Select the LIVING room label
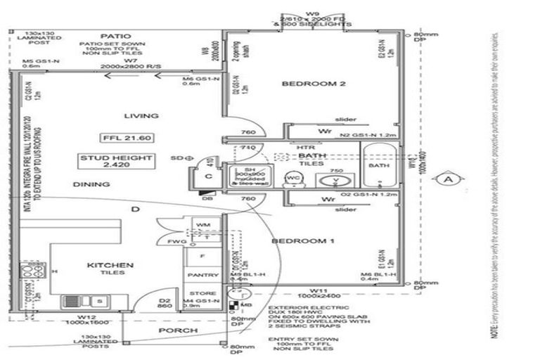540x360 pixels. (141, 115)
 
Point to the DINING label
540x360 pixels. (91, 184)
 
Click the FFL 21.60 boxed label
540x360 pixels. (122, 137)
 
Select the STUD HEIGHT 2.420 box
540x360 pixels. (127, 163)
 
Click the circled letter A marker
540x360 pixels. (448, 179)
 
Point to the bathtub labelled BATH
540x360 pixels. (379, 166)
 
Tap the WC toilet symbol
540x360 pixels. (291, 178)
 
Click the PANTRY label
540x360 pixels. (203, 276)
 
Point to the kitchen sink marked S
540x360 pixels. (99, 302)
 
